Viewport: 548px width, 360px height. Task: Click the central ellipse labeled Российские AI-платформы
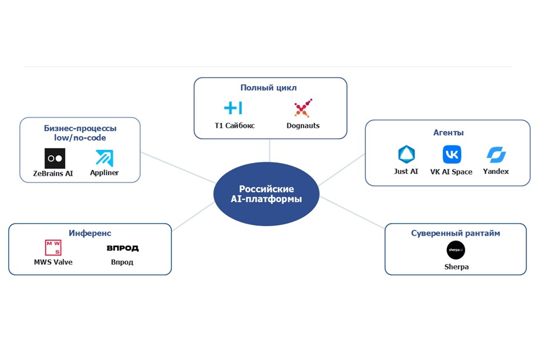(x=267, y=194)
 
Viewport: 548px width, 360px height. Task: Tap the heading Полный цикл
(x=268, y=88)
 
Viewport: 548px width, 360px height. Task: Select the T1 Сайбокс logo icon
(x=233, y=108)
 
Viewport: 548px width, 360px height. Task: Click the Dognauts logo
(x=303, y=108)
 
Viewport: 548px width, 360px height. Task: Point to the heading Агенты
(x=449, y=133)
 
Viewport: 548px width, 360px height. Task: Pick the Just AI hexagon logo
(x=406, y=155)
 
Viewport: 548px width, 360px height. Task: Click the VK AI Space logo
(x=452, y=155)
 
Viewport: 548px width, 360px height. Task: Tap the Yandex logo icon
(x=496, y=155)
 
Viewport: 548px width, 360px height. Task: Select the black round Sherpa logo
(x=456, y=250)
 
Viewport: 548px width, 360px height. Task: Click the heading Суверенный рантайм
(x=456, y=233)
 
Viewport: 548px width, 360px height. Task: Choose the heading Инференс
(x=90, y=233)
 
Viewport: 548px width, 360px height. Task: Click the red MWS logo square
(x=53, y=248)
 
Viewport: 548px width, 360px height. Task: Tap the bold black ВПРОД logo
(x=123, y=248)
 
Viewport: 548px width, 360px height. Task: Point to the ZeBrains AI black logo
(x=55, y=159)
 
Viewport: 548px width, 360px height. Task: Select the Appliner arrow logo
(x=104, y=158)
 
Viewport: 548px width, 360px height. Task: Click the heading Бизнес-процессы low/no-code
(x=80, y=133)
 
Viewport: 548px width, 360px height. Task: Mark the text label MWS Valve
(x=53, y=262)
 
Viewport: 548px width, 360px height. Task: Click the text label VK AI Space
(x=451, y=172)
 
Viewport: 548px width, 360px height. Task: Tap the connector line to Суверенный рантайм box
(x=352, y=213)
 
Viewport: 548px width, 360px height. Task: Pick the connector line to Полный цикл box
(x=269, y=151)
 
